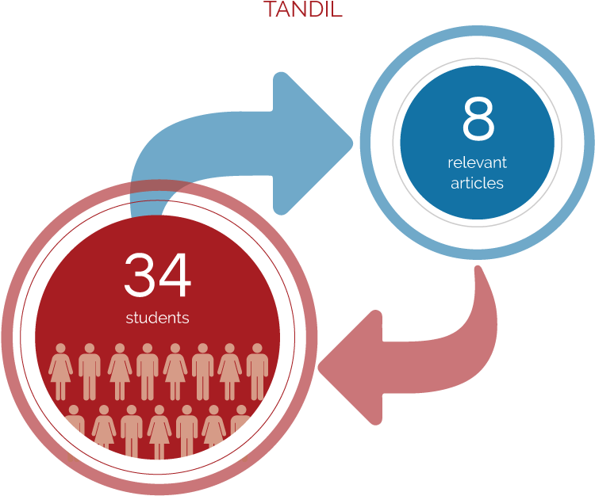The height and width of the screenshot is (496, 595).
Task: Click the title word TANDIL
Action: tap(302, 10)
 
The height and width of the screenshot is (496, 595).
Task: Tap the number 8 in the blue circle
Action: tap(478, 120)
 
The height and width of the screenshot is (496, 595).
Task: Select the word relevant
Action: tap(477, 163)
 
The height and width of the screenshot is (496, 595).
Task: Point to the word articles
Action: tap(477, 183)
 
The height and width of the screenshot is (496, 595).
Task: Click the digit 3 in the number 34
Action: tap(141, 276)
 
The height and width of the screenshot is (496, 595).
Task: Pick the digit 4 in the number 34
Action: tap(175, 276)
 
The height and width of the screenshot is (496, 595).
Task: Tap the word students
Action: tap(157, 318)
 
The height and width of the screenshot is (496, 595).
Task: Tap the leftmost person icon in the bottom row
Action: tap(74, 433)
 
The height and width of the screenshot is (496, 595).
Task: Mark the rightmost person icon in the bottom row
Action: tap(241, 433)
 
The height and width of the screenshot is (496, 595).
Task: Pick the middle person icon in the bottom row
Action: tap(159, 433)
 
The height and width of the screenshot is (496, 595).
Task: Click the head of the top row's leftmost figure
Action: tap(61, 349)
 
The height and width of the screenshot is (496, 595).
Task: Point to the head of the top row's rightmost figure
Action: tap(257, 349)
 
